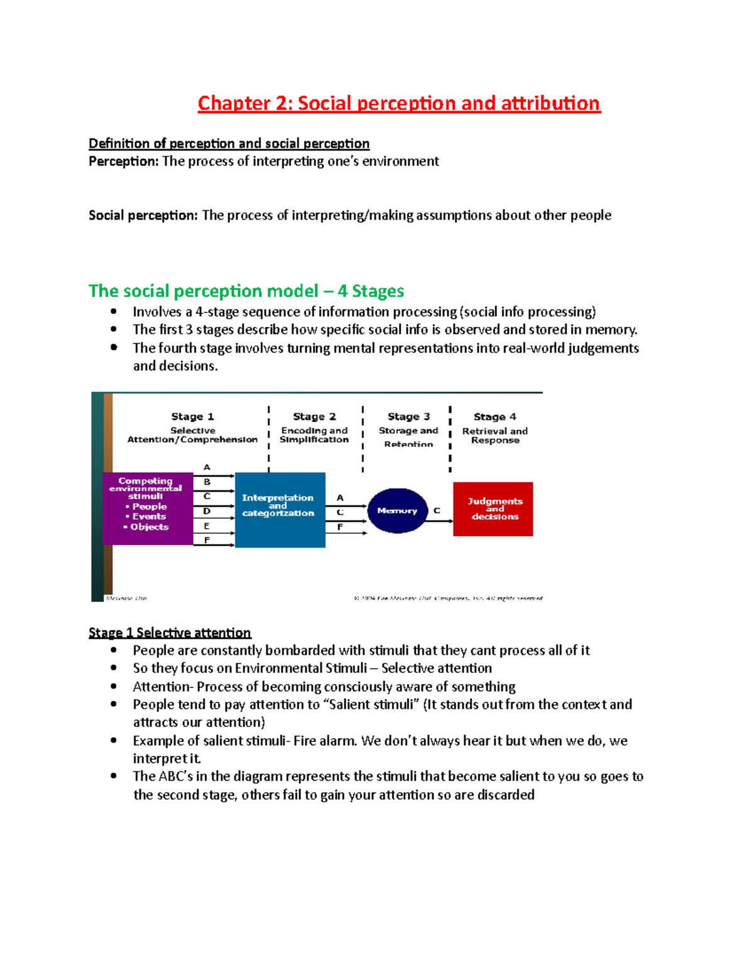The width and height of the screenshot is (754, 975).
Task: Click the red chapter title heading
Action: (399, 103)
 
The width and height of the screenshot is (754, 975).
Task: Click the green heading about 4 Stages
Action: (246, 291)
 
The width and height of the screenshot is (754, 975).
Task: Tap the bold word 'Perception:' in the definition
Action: (124, 161)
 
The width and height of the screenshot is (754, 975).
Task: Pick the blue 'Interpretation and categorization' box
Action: (280, 509)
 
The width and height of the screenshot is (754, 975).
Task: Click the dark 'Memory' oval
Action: (397, 510)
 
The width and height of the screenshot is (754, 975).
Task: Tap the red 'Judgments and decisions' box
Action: (493, 509)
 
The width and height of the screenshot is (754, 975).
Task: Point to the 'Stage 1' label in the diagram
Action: (192, 416)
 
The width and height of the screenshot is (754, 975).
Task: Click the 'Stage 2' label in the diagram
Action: (314, 416)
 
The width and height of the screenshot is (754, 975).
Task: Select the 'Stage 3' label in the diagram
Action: (408, 416)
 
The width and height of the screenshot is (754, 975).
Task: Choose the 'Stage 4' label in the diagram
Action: (494, 416)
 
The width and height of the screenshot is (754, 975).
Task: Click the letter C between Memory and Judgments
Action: (437, 510)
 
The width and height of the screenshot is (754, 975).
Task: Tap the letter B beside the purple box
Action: (207, 482)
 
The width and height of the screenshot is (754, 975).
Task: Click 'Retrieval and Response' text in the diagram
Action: (494, 436)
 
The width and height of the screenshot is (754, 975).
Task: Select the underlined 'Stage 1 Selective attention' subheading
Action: (170, 632)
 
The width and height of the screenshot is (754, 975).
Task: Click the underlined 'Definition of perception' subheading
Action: (229, 143)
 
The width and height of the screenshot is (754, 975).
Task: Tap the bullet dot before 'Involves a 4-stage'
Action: (114, 311)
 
